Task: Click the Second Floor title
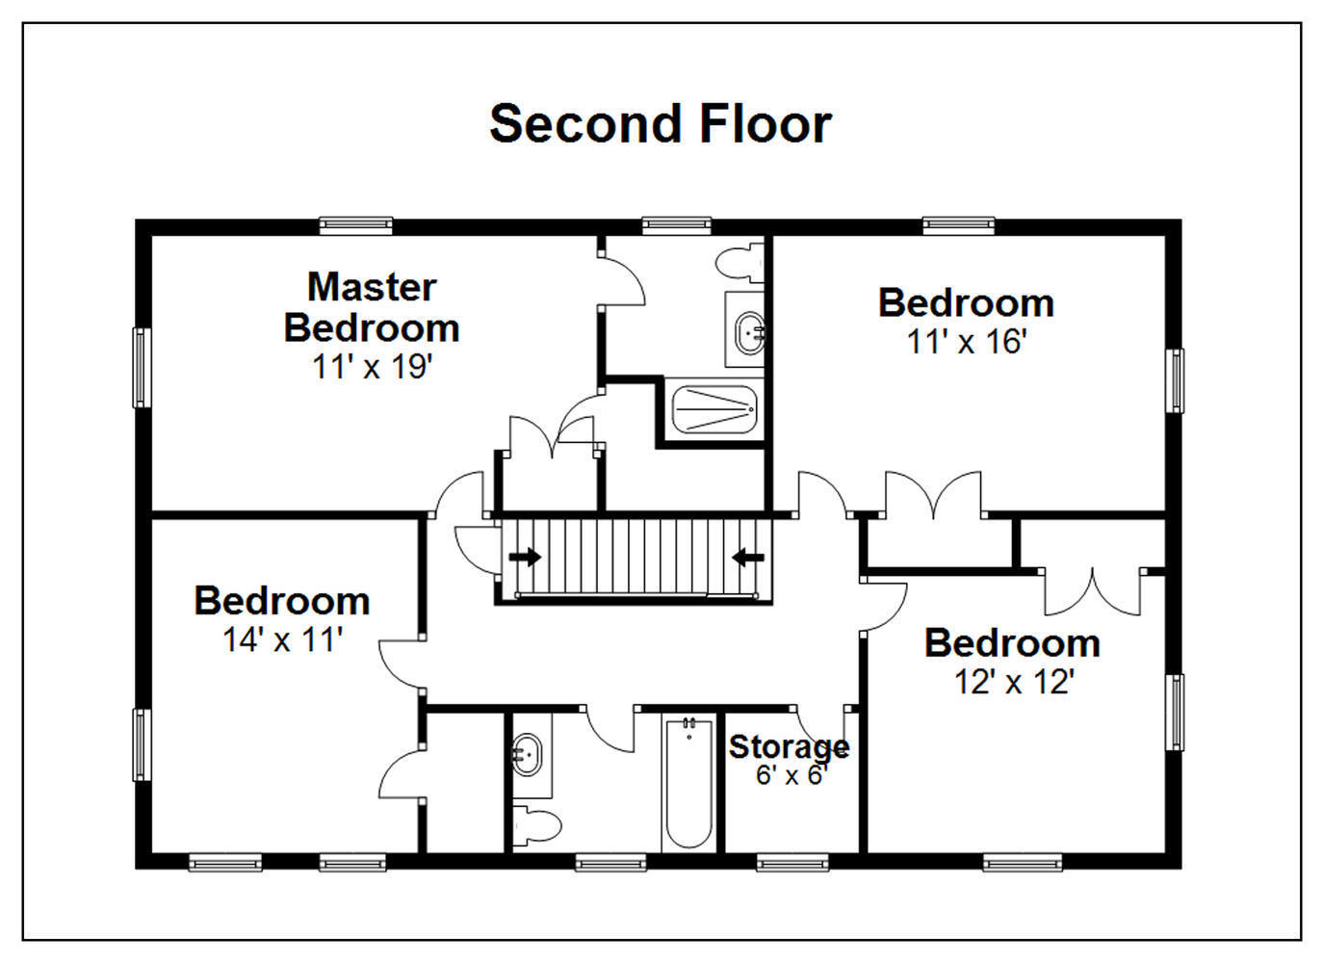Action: (x=661, y=124)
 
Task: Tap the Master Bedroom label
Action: (x=372, y=307)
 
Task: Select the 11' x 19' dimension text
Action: (x=373, y=367)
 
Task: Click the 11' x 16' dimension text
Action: (x=967, y=342)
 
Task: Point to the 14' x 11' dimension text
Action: (x=283, y=639)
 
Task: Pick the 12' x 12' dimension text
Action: (x=1014, y=682)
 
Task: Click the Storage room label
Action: (x=789, y=747)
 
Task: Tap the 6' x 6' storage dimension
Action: (x=790, y=775)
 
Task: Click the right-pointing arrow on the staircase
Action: (x=525, y=557)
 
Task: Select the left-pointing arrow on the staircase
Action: (x=748, y=557)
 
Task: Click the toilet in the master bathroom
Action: (x=740, y=261)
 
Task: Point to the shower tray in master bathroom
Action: (x=714, y=409)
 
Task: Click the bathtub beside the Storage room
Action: (x=688, y=785)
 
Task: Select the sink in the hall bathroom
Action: (x=526, y=755)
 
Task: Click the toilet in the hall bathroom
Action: (x=536, y=824)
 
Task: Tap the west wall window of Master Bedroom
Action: (x=142, y=368)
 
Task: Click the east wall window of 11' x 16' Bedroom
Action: (x=1175, y=380)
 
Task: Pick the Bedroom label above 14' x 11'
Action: (x=282, y=601)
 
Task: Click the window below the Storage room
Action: (x=792, y=863)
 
